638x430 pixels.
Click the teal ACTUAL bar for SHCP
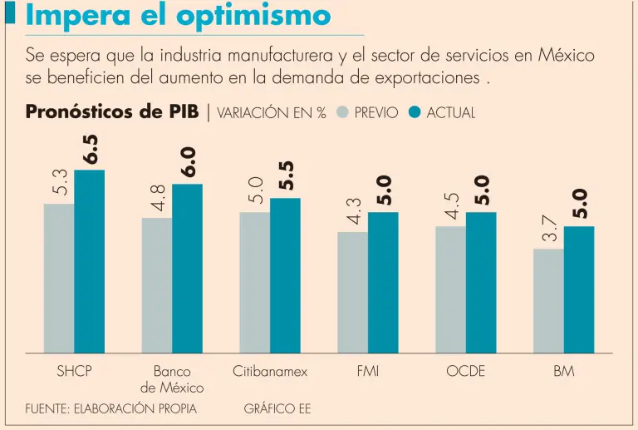90,261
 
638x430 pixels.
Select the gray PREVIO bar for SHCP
59,278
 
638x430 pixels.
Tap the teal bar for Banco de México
187,268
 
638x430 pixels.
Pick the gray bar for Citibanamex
254,282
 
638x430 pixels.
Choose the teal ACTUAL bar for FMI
383,282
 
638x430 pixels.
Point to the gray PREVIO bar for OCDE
450,289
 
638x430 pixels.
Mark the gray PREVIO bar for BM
548,300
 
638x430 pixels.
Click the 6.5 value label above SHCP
90,150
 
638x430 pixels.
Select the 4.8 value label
157,198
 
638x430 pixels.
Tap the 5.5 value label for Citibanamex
286,176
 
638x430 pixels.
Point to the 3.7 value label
548,229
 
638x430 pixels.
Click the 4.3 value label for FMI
353,211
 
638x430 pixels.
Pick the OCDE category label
465,371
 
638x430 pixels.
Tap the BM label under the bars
563,371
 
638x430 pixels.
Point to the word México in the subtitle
565,56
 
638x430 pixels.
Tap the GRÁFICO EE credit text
277,409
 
